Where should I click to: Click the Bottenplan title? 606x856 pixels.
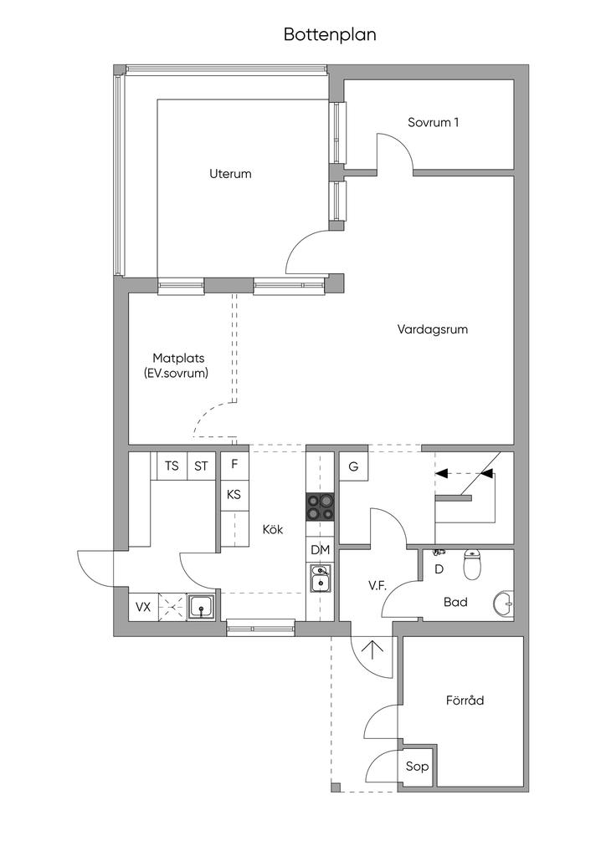point(330,35)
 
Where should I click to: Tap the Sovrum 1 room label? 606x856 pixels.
point(433,122)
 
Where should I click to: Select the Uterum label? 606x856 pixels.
point(230,174)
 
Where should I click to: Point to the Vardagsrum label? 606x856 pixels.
point(432,329)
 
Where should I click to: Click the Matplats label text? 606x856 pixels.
point(178,358)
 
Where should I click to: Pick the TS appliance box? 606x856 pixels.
point(172,466)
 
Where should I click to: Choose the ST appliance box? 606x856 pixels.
point(201,466)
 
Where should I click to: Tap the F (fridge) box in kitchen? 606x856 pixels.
point(234,465)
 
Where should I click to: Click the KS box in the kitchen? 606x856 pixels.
point(234,494)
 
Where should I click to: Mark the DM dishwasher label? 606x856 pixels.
point(320,549)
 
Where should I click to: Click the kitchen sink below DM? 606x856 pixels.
point(320,578)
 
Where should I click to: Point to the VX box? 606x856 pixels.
point(143,606)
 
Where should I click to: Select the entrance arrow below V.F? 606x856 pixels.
point(371,648)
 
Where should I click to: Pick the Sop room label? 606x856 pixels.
point(417,766)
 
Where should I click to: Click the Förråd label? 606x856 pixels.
point(465,701)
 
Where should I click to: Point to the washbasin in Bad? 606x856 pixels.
point(504,603)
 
